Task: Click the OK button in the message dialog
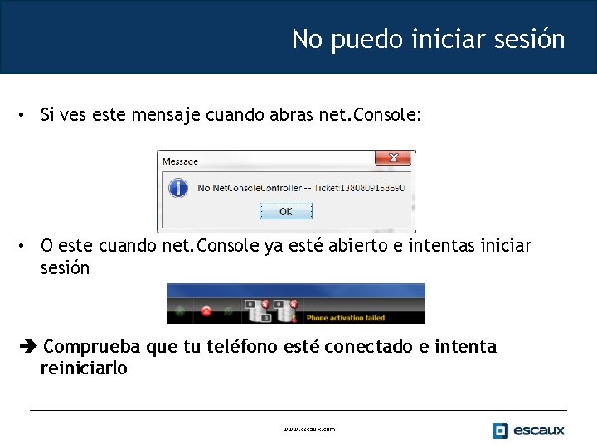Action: (285, 212)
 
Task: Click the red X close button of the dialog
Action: (393, 157)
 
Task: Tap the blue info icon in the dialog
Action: (177, 188)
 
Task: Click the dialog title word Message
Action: (180, 161)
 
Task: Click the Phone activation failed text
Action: (346, 317)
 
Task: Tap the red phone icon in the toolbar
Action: (206, 311)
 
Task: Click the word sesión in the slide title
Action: (527, 39)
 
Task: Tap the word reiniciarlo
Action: (84, 368)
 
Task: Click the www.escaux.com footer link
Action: (309, 429)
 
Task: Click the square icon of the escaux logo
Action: (500, 430)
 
